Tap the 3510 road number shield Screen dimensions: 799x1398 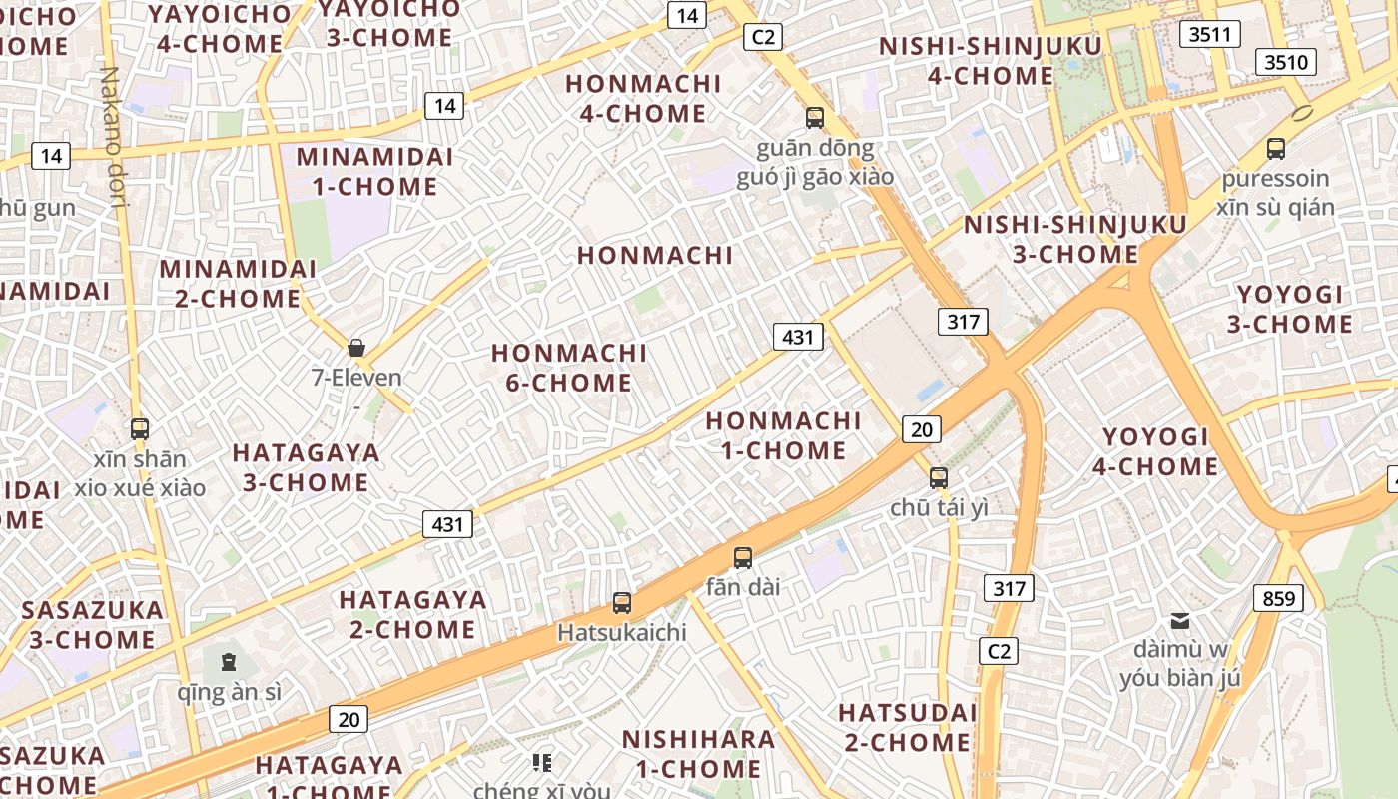tap(1285, 63)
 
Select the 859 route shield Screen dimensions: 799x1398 tap(1278, 599)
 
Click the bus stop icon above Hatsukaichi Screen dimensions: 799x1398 tap(622, 603)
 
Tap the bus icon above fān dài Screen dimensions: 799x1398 tap(742, 558)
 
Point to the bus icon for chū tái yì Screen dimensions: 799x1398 tap(938, 478)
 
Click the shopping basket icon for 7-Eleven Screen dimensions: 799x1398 tap(356, 348)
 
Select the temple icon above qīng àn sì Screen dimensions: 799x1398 tap(229, 661)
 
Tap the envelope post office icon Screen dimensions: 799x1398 tap(1180, 621)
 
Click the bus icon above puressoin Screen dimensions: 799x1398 tap(1275, 149)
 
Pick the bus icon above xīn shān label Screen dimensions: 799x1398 tap(140, 429)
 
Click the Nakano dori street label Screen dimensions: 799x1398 tap(113, 137)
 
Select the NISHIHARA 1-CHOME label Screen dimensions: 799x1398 tap(698, 754)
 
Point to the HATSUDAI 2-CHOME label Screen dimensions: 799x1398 tap(907, 727)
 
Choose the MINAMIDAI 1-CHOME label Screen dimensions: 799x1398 tap(374, 172)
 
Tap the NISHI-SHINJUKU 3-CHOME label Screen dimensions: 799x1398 tap(1075, 239)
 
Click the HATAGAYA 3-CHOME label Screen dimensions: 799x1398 tap(306, 467)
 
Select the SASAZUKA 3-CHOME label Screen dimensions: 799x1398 tap(92, 624)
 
